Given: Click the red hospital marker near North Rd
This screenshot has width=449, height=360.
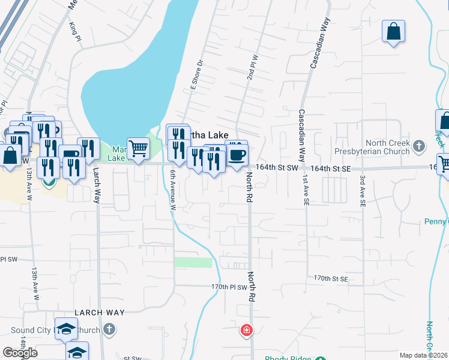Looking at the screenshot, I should click(x=246, y=329).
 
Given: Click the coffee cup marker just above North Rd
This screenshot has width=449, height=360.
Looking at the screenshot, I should click(x=237, y=155).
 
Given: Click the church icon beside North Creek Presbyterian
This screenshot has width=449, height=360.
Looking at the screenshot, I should click(x=419, y=145).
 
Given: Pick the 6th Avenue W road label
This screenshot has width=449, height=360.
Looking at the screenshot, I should click(x=172, y=190).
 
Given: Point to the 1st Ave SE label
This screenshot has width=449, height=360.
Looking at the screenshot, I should click(x=306, y=191).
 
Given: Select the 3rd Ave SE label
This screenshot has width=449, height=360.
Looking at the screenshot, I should click(x=363, y=191).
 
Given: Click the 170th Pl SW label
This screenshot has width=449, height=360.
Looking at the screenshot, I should click(x=229, y=287).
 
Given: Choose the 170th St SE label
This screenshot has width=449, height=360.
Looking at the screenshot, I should click(x=331, y=278).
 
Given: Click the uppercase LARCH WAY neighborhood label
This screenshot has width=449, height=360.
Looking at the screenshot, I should click(x=100, y=313).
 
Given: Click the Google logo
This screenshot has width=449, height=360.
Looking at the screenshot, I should click(x=20, y=352).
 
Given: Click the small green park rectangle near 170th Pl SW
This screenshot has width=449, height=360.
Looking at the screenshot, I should click(x=193, y=262).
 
